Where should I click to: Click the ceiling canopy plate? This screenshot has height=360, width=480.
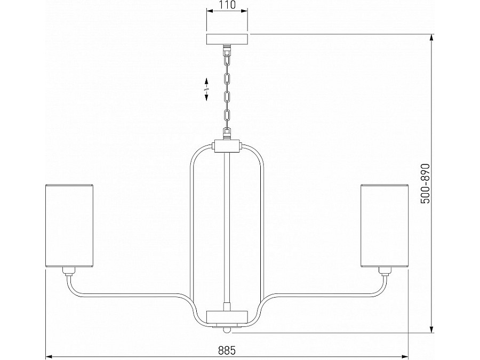coord(227,39)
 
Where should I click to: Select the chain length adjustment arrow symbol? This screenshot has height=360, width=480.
coord(206,89)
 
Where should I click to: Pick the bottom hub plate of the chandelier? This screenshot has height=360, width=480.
coord(227,316)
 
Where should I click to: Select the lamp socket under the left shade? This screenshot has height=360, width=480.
coord(69,271)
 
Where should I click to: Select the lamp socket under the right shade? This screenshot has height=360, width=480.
coord(385,271)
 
